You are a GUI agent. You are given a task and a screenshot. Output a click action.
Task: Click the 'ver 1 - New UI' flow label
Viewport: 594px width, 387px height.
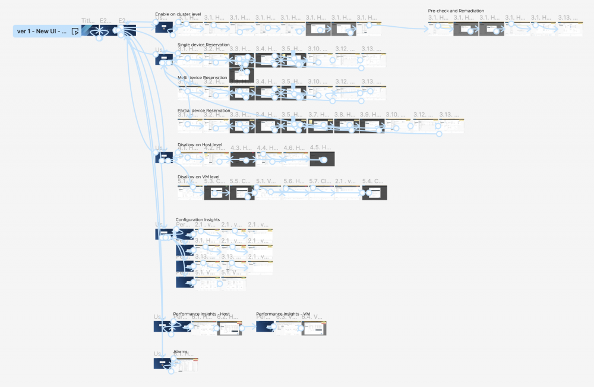coord(42,31)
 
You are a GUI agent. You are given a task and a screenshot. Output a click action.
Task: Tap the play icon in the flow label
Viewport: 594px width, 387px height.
coord(75,31)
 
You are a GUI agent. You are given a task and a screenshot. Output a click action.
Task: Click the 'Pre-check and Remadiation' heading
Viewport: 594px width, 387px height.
coord(456,11)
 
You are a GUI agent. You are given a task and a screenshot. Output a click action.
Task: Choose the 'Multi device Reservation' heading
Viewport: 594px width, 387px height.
coord(202,77)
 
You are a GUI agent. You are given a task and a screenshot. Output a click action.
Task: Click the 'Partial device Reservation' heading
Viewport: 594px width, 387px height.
coord(204,110)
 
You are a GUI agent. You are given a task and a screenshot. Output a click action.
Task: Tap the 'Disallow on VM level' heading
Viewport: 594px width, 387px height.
coord(198,177)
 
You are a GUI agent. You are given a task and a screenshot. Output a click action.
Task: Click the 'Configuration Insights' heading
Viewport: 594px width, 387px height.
coord(197,219)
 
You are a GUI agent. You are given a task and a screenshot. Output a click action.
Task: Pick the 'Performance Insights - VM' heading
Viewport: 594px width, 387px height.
coord(283,313)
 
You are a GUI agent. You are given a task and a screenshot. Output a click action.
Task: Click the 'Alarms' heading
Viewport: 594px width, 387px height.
coord(180,351)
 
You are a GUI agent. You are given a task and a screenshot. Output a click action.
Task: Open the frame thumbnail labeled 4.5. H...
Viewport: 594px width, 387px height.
coord(322,159)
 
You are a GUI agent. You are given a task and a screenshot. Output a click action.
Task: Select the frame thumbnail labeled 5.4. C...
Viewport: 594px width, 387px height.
coord(374,192)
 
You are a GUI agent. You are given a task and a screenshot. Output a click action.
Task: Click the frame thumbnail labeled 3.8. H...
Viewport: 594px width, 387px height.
coord(346,125)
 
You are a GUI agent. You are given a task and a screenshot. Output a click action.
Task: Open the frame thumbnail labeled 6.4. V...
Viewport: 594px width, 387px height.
coord(314,328)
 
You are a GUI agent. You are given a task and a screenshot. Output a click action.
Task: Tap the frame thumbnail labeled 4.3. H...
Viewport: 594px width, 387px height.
coord(242,159)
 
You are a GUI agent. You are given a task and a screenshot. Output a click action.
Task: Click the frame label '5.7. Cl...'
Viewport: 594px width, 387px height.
coord(321,181)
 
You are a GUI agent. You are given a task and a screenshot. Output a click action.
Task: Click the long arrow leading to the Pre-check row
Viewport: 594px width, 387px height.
coord(404,26)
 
